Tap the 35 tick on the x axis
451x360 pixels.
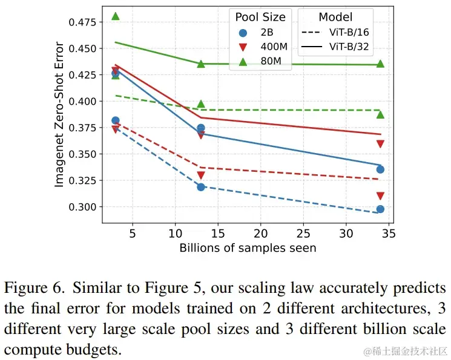click(x=389, y=233)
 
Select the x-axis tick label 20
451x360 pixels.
click(x=261, y=233)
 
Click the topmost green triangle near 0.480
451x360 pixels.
click(x=116, y=16)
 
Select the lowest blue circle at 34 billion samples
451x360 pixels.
click(x=380, y=209)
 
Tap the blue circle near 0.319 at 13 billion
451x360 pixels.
click(x=201, y=187)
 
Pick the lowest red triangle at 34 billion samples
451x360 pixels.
click(x=380, y=196)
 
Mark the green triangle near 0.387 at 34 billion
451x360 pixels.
click(x=380, y=114)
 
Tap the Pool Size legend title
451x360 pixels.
click(x=260, y=17)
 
